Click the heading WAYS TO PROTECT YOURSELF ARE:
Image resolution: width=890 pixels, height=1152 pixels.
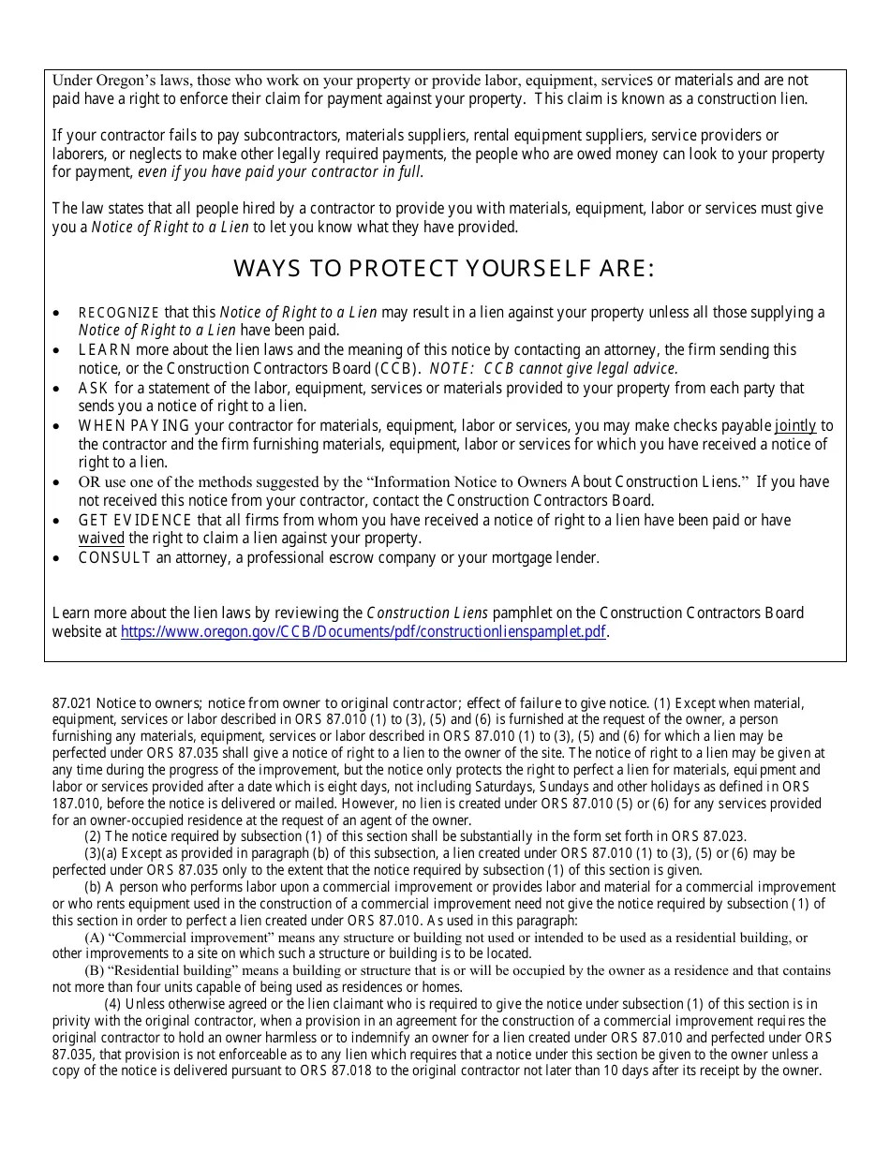coord(444,270)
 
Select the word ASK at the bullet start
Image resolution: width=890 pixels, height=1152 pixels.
coord(93,388)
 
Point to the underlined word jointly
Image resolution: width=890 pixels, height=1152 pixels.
coord(795,425)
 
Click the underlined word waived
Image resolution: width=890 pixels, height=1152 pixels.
coord(101,539)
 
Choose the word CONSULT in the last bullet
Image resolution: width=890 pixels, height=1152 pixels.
coord(114,558)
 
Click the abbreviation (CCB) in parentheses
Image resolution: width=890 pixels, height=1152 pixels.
coord(397,368)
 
